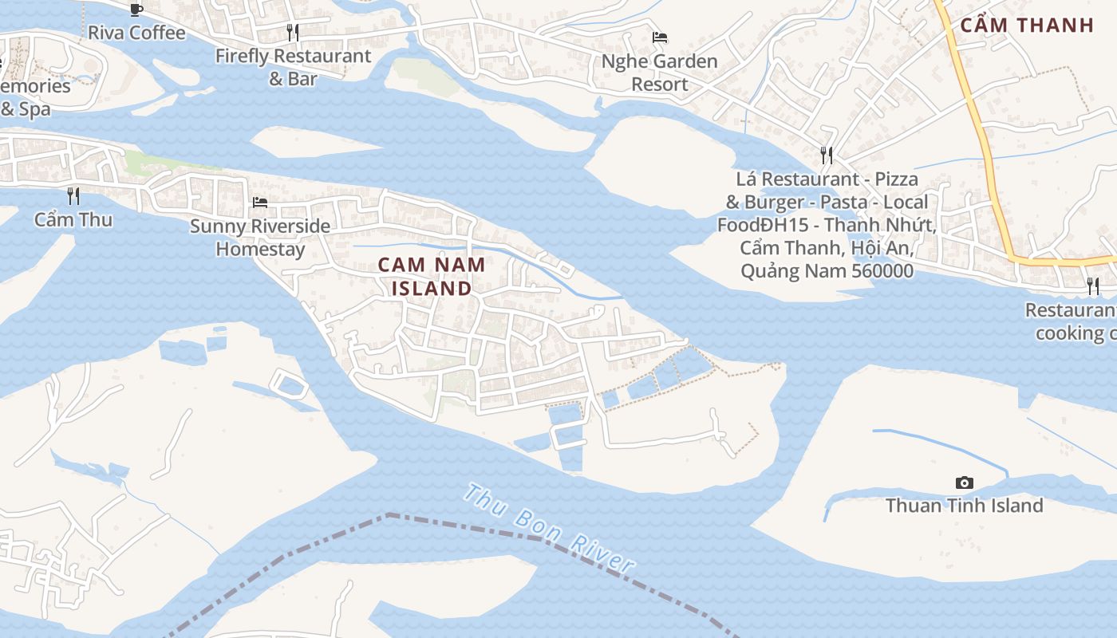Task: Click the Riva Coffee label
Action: [x=136, y=33]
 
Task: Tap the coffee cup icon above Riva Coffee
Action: [x=136, y=10]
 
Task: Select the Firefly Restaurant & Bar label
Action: [x=293, y=67]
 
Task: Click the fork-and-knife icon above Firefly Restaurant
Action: [x=293, y=33]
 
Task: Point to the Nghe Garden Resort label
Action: [x=659, y=73]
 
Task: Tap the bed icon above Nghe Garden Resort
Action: [x=660, y=37]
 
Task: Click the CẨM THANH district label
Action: [x=1026, y=25]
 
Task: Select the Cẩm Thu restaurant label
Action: [x=73, y=219]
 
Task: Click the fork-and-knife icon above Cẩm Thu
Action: [x=73, y=195]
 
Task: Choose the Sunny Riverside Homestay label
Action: [x=260, y=238]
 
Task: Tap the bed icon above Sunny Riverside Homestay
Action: [x=260, y=203]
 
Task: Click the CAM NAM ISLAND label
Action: [x=432, y=276]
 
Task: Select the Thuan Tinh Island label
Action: [x=964, y=506]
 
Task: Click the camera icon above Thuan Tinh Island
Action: [x=964, y=482]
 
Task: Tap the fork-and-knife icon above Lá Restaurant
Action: [x=827, y=155]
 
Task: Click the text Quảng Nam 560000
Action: [x=827, y=271]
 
